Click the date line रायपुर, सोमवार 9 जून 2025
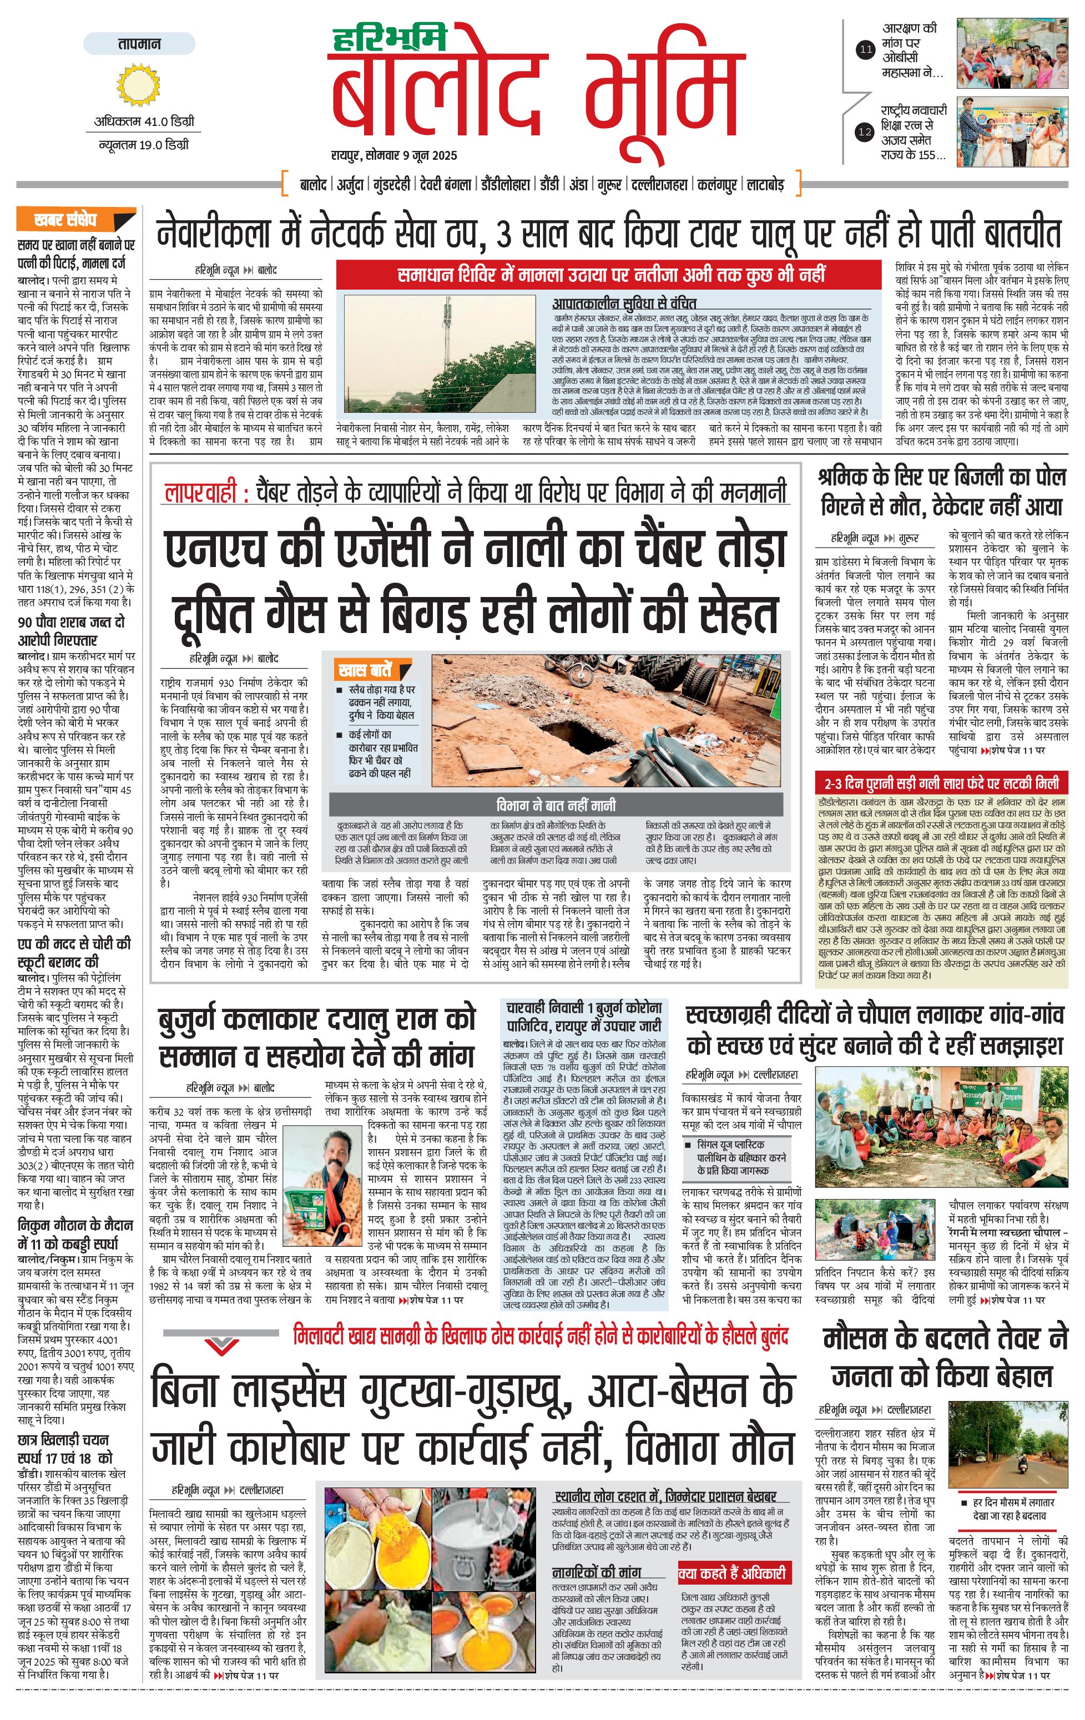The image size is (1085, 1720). pos(393,155)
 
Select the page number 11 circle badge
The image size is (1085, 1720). pos(866,50)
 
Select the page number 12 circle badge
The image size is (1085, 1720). pos(865,131)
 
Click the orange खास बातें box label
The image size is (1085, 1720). pos(366,670)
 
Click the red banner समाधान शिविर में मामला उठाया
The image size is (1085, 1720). pos(610,274)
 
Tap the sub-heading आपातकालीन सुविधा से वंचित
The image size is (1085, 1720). pos(624,303)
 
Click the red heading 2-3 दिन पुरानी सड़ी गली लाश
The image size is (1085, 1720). pos(941,783)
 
